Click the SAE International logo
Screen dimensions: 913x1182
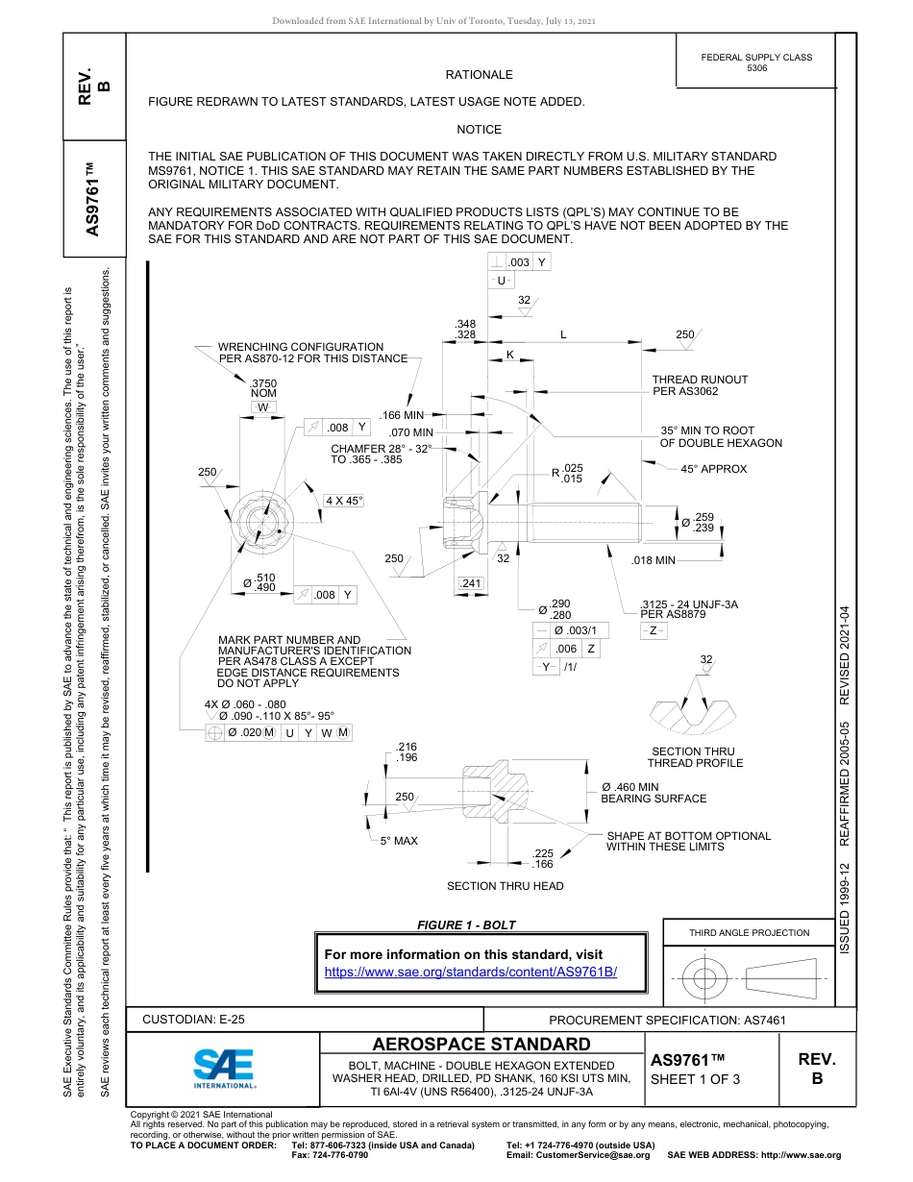tap(224, 1067)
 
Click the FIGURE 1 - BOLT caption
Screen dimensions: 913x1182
tap(466, 925)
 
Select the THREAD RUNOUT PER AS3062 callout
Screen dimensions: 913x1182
tap(700, 385)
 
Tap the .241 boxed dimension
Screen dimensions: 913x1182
tap(471, 583)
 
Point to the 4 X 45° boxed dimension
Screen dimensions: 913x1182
tap(343, 501)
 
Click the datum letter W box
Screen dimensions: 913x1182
tap(263, 407)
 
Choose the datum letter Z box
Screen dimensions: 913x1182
tap(653, 630)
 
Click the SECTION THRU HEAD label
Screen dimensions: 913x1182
tap(506, 886)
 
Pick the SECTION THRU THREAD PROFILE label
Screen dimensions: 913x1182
tap(695, 757)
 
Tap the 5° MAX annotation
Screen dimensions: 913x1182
tap(399, 841)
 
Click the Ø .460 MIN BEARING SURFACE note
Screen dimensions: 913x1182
tap(654, 793)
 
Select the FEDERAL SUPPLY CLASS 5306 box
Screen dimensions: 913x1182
tap(756, 62)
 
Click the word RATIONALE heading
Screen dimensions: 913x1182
tap(479, 75)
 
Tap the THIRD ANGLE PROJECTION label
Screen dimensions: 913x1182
tap(749, 932)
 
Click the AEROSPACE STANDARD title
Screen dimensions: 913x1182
tap(481, 1045)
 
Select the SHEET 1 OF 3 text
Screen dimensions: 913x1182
tap(695, 1079)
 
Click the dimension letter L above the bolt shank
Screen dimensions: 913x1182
tap(563, 334)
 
